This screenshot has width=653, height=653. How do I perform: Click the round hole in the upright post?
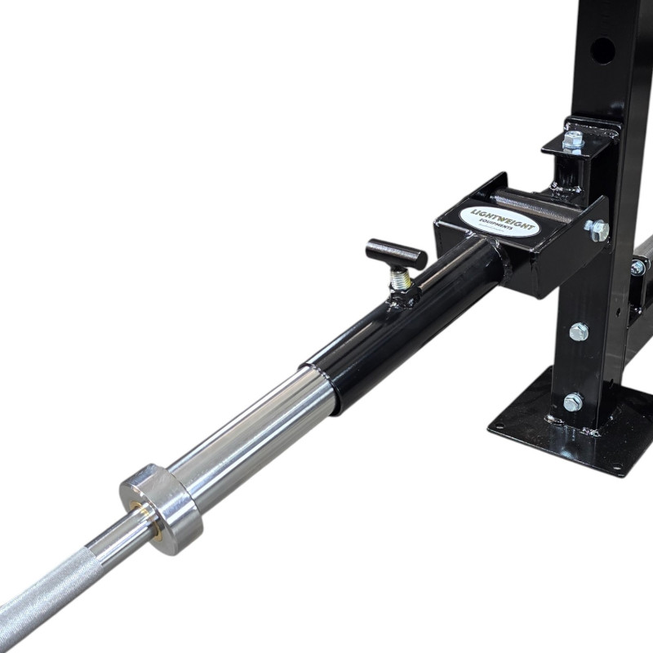tap(602, 51)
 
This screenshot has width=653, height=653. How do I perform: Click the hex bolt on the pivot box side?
tap(598, 230)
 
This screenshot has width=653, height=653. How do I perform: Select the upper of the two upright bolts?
tap(579, 331)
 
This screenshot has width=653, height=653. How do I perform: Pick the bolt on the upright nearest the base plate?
tap(573, 402)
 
